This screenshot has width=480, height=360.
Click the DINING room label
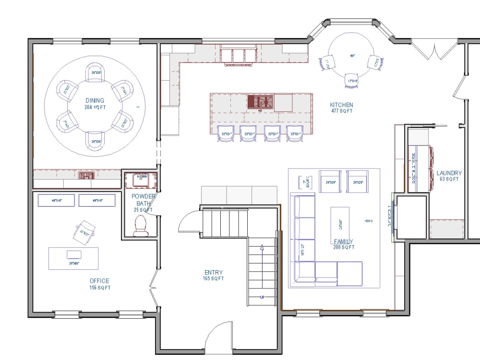(95, 100)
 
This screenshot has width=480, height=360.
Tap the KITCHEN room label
(341, 105)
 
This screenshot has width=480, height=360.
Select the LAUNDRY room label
(449, 173)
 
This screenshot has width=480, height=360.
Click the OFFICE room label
(99, 281)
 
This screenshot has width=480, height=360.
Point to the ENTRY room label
(213, 273)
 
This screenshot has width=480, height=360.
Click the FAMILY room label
(344, 241)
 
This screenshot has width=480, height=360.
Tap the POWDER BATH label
(144, 200)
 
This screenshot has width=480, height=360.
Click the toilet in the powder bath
(141, 225)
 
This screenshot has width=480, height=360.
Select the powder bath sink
(142, 181)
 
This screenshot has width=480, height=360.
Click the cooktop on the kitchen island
(260, 102)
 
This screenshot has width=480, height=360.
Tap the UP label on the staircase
(262, 297)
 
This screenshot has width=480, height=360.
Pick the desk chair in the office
(84, 231)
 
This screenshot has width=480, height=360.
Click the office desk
(73, 258)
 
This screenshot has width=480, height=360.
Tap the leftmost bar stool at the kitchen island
(226, 134)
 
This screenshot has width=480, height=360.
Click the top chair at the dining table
(95, 72)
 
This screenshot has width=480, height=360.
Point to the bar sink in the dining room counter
(85, 175)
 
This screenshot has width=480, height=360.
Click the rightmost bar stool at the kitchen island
(295, 134)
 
